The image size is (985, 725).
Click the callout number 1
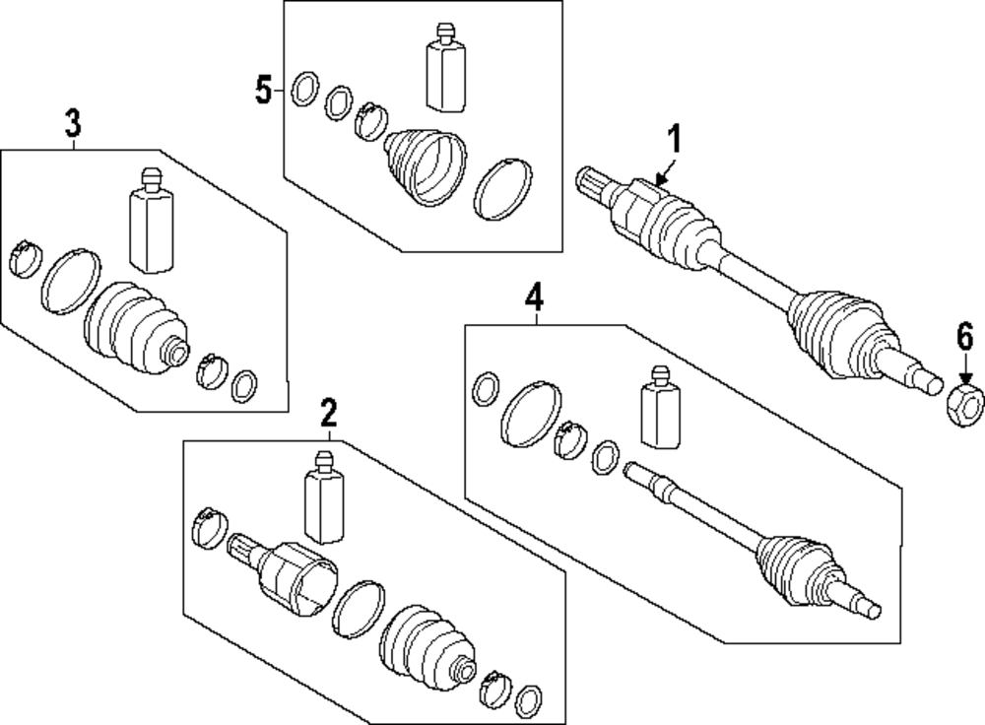click(x=676, y=139)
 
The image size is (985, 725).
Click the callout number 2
click(x=329, y=413)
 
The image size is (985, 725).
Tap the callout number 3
click(x=73, y=124)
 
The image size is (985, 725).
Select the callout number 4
click(x=533, y=297)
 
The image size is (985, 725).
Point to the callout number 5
click(x=263, y=91)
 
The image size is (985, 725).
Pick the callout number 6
click(x=965, y=339)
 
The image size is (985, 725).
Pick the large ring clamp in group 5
click(x=503, y=186)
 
